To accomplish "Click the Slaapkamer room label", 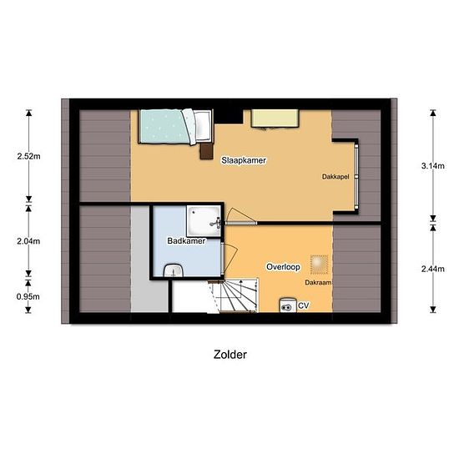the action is click(x=244, y=160).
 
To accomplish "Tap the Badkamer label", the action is click(x=186, y=241).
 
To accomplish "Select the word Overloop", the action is click(x=283, y=267).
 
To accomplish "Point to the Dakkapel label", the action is click(x=335, y=177).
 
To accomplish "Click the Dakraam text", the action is click(x=318, y=282).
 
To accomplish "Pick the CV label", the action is click(x=303, y=305).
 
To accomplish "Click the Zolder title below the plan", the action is click(x=230, y=355).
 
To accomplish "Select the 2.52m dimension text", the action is click(x=28, y=156).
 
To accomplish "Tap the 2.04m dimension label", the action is click(x=28, y=241).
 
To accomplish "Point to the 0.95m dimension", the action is click(x=28, y=296).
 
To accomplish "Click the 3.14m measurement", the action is click(x=433, y=166).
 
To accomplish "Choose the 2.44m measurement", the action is click(x=433, y=269).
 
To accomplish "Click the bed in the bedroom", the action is click(x=175, y=127).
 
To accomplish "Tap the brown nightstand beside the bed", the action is click(x=206, y=151).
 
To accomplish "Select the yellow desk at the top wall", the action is click(x=275, y=119).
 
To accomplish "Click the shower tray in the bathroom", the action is click(x=204, y=220).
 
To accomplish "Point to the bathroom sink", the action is click(x=174, y=270).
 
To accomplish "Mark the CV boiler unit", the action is click(x=288, y=305).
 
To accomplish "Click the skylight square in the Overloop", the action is click(x=320, y=265).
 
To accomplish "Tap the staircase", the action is click(x=235, y=295).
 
